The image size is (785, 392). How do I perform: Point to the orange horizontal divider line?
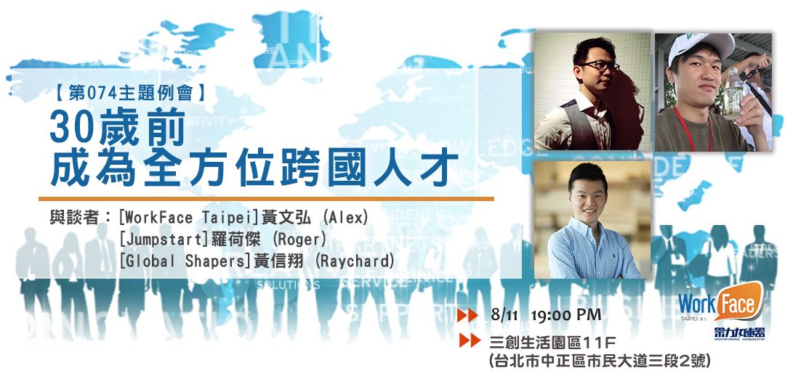(266, 198)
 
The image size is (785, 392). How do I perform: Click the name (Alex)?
(346, 218)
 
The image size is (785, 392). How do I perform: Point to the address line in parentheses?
(600, 361)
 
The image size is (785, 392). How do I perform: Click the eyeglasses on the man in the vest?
(600, 66)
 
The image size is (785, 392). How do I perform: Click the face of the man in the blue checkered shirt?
(590, 198)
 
